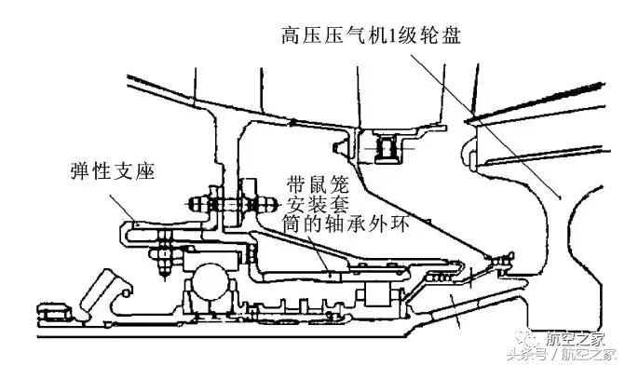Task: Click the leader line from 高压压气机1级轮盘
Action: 484,121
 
